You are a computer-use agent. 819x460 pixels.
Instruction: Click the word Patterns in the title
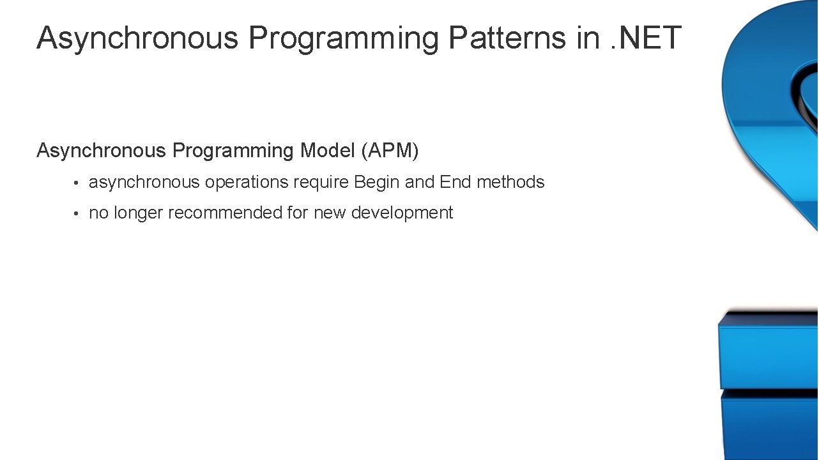pos(507,38)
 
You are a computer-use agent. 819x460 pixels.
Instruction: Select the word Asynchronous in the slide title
pos(137,38)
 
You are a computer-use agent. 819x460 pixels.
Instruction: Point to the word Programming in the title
pos(344,39)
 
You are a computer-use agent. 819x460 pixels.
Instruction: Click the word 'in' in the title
pos(588,38)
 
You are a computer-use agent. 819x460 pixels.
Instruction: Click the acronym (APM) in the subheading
pos(390,151)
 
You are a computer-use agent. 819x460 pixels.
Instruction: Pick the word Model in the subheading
pos(328,151)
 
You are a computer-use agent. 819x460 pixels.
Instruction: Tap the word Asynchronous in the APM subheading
pos(101,151)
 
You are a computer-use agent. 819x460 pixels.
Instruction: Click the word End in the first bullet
pos(455,182)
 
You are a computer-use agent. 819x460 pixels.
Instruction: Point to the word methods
pos(510,182)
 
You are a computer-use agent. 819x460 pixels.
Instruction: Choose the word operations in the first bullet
pos(247,183)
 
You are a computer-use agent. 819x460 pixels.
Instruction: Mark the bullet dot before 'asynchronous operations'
pos(75,183)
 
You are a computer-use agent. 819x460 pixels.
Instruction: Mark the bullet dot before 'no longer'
pos(75,214)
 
